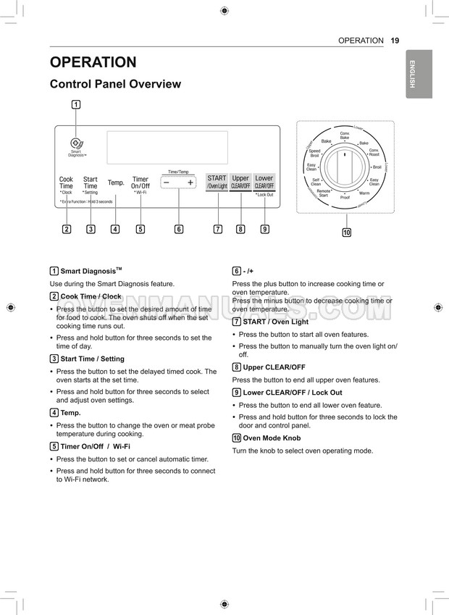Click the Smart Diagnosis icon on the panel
click(x=76, y=143)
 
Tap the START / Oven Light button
click(x=217, y=182)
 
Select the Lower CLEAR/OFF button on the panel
click(x=264, y=182)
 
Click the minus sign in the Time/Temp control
click(x=167, y=183)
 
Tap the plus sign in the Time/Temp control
click(x=190, y=183)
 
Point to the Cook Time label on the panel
click(x=66, y=183)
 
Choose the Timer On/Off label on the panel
click(x=140, y=183)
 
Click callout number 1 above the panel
click(x=76, y=104)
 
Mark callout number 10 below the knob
click(x=347, y=233)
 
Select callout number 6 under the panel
click(x=179, y=230)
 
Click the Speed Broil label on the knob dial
click(x=314, y=154)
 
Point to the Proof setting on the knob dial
click(x=345, y=197)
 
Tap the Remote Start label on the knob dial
click(x=323, y=193)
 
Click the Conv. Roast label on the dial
click(x=374, y=152)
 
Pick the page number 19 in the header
click(x=395, y=41)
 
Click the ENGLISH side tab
click(x=412, y=74)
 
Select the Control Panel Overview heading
click(x=115, y=84)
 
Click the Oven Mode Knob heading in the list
click(x=272, y=438)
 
